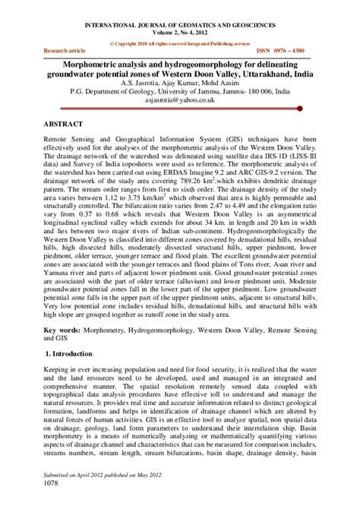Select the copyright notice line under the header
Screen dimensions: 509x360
click(x=180, y=36)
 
